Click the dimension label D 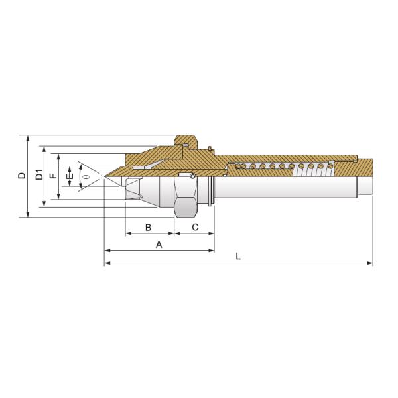[x=22, y=176]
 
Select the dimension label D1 [x=39, y=174]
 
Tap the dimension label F [x=54, y=176]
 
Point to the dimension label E [x=70, y=176]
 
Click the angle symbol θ [x=86, y=176]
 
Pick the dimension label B [x=148, y=227]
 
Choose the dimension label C [x=195, y=227]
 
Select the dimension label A [x=159, y=245]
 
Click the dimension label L [x=238, y=256]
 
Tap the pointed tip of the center [x=104, y=176]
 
